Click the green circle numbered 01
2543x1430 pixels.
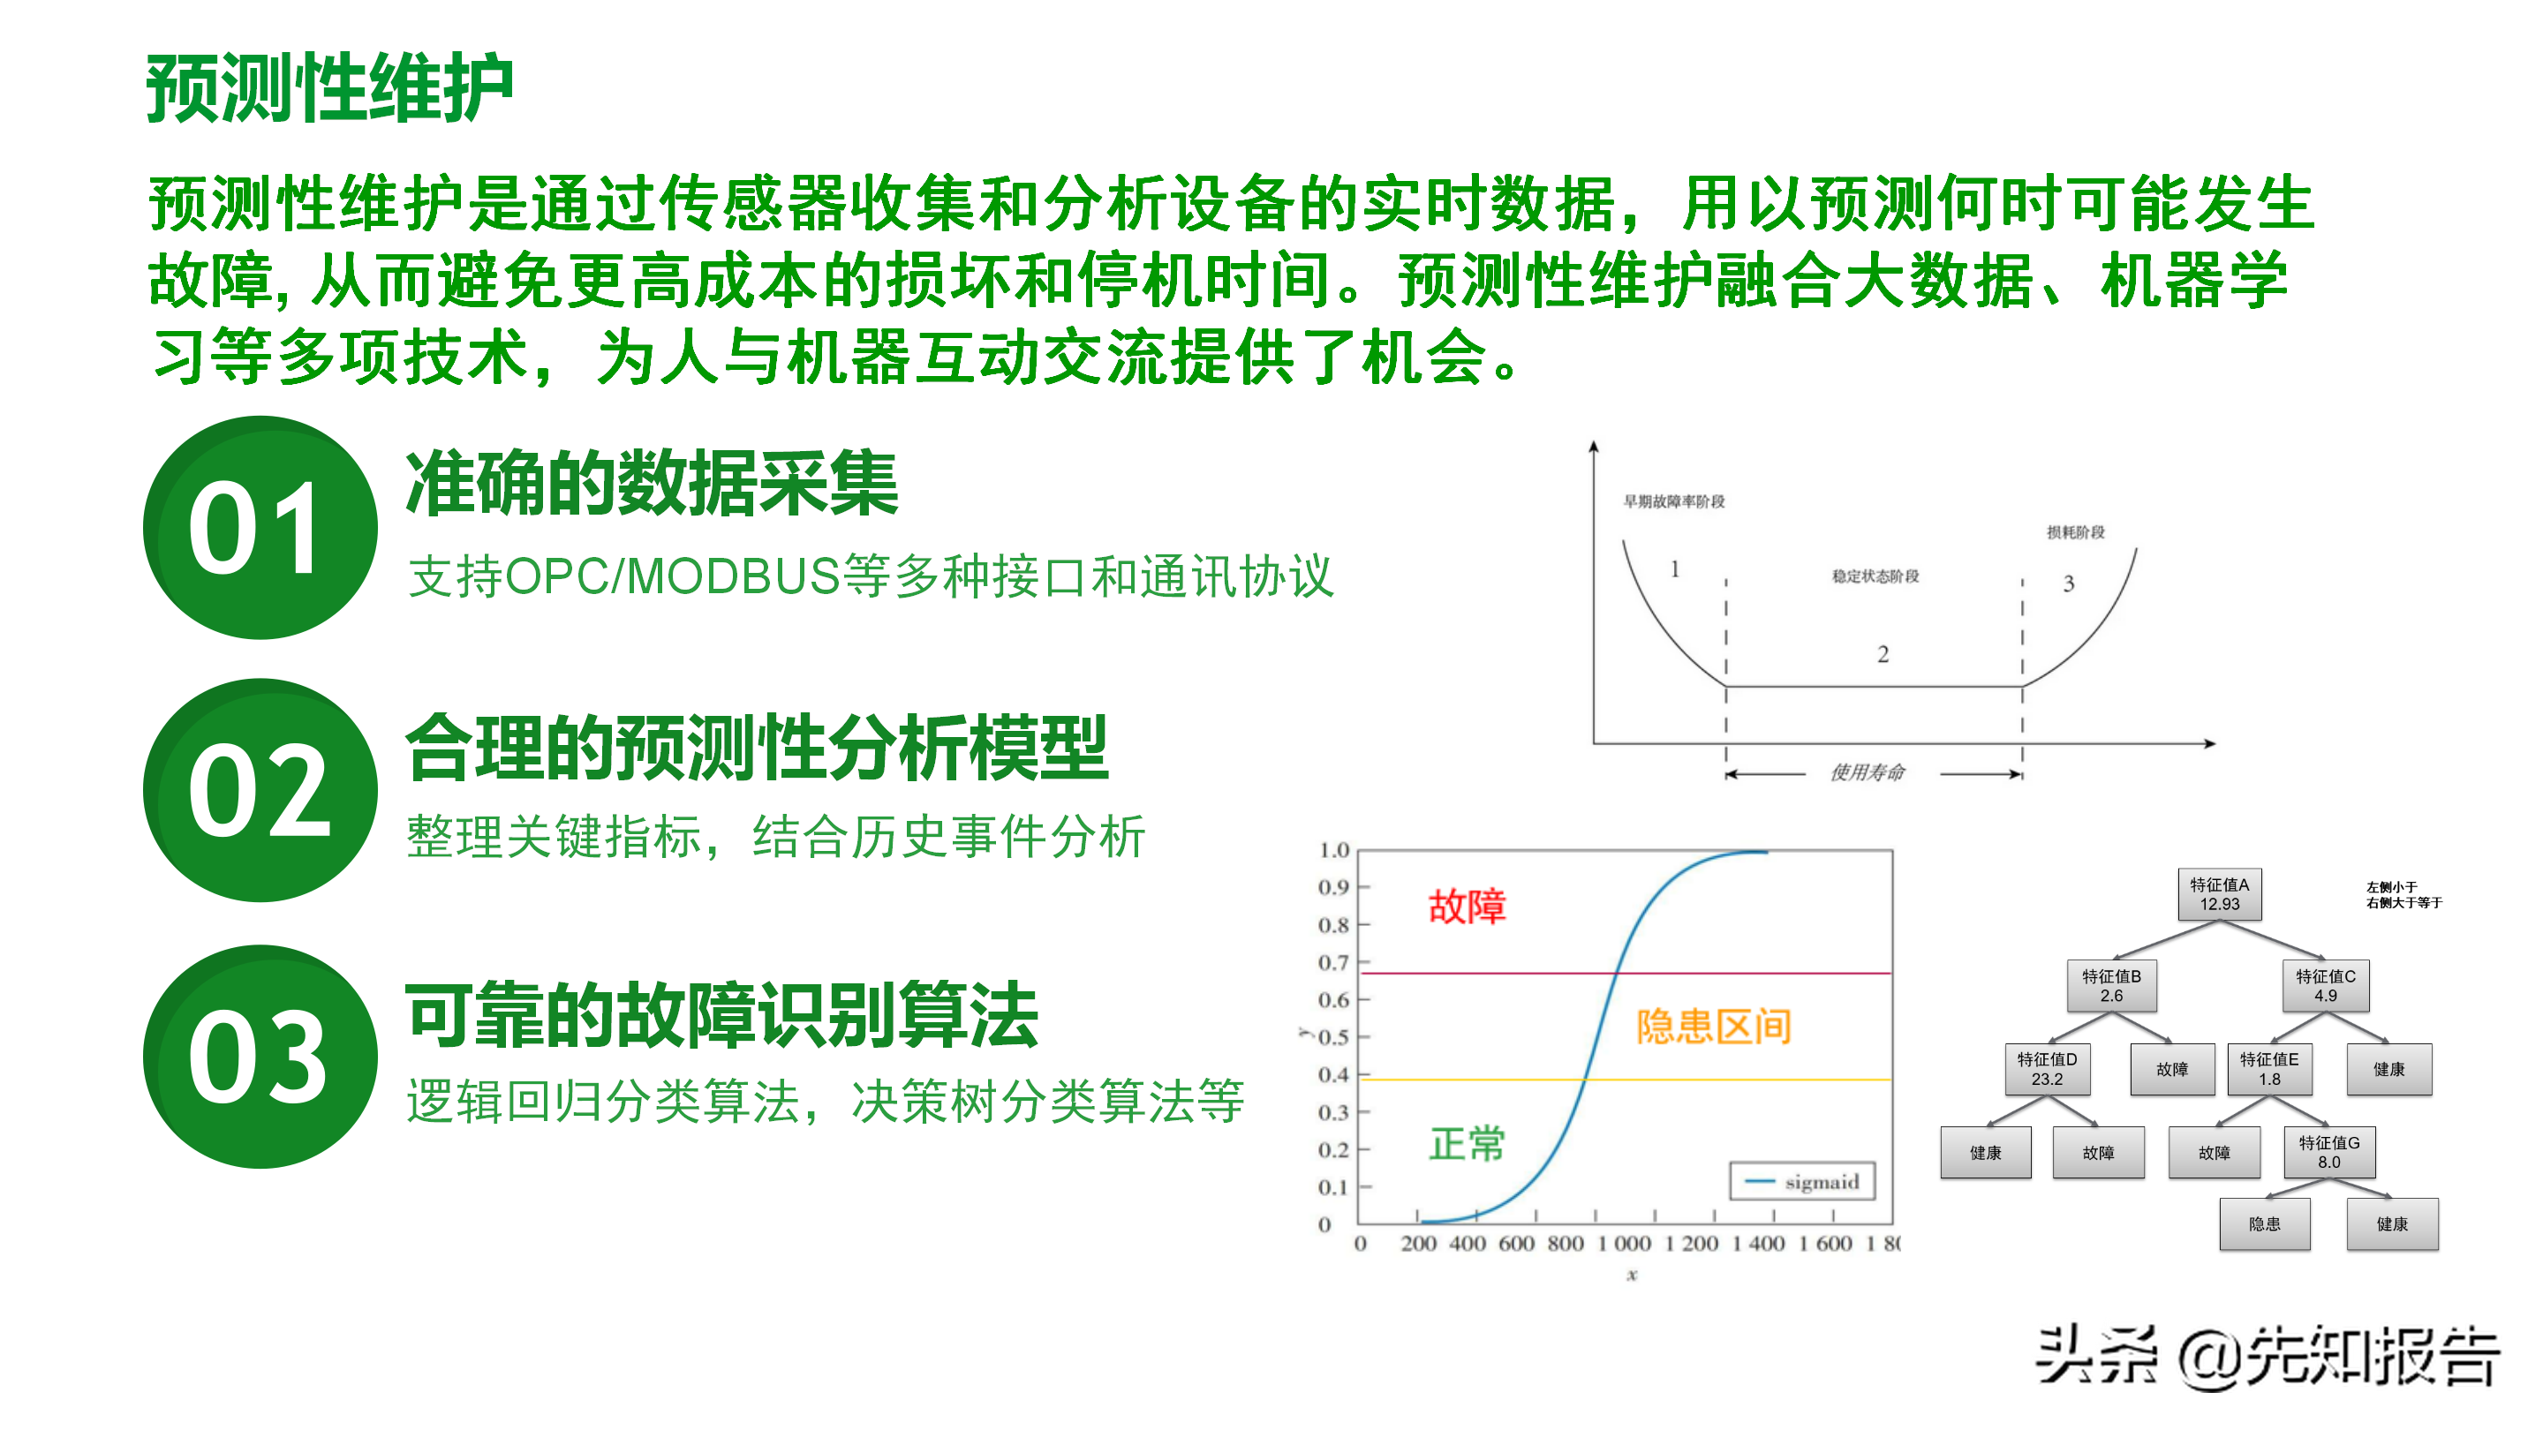[x=260, y=527]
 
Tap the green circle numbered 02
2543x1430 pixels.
[x=260, y=791]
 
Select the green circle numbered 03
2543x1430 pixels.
[x=260, y=1057]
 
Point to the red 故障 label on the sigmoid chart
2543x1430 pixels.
[x=1467, y=906]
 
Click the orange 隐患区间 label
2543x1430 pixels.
[x=1714, y=1027]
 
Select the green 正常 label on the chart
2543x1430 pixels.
[x=1467, y=1144]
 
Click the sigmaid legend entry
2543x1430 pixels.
[x=1801, y=1181]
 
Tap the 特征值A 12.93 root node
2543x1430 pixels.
[x=2219, y=894]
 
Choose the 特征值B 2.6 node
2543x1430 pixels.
[x=2111, y=986]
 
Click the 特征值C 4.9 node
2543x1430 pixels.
[x=2326, y=986]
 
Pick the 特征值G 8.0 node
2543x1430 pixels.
[x=2330, y=1152]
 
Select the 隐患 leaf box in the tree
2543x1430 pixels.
[x=2265, y=1223]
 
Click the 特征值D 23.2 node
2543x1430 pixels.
[x=2048, y=1069]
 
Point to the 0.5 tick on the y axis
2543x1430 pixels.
[x=1332, y=1037]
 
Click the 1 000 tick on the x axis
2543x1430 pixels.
[x=1624, y=1244]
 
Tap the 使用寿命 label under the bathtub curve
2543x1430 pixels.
[x=1868, y=771]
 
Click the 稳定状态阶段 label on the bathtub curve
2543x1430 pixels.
[x=1875, y=576]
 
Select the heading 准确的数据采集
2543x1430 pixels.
[x=652, y=483]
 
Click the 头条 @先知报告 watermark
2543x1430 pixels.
[x=2268, y=1357]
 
